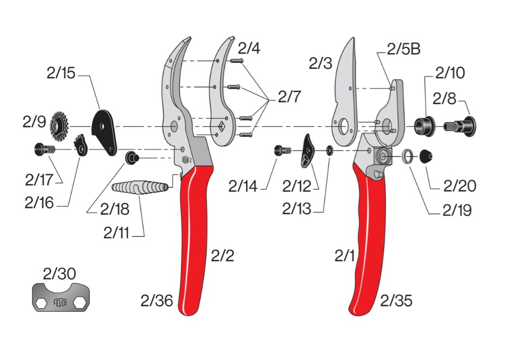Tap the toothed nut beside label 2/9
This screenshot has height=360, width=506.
pos(57,125)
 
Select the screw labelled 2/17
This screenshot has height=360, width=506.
pos(43,148)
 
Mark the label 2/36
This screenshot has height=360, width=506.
pos(156,300)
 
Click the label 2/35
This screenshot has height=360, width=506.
pos(397,300)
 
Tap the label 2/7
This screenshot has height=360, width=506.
pos(289,97)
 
